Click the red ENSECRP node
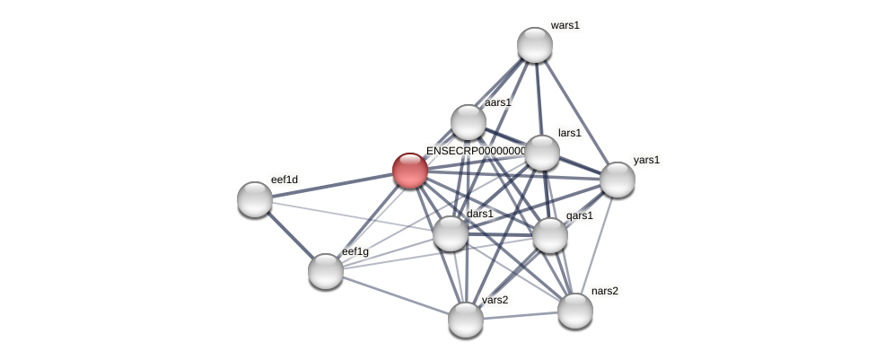tap(410, 171)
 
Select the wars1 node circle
tap(535, 45)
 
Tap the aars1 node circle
tap(468, 122)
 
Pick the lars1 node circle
tap(542, 153)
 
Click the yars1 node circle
tap(618, 180)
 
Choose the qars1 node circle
tap(550, 235)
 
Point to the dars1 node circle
tap(451, 233)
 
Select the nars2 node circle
tap(575, 311)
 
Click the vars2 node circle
tap(466, 319)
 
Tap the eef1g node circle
tap(326, 270)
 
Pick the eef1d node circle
tap(255, 199)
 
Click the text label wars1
tap(565, 25)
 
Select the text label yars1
tap(646, 160)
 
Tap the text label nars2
tap(604, 291)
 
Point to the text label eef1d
tap(285, 180)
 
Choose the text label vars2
tap(495, 300)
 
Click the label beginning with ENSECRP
tap(476, 151)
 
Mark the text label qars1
tap(579, 215)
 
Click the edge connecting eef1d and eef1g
tap(290, 234)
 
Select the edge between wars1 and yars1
tap(576, 112)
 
